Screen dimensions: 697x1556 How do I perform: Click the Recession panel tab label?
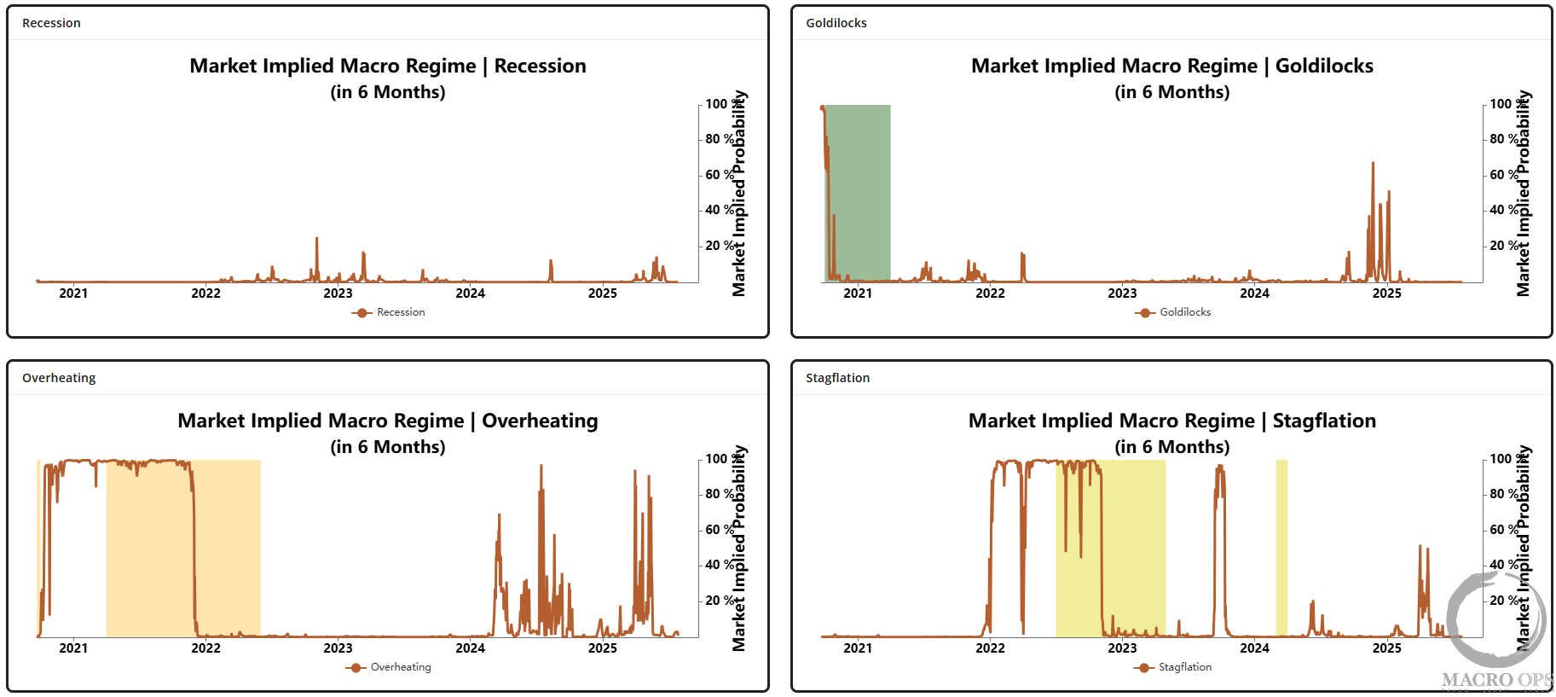pyautogui.click(x=51, y=23)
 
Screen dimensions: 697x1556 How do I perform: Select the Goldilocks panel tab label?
pyautogui.click(x=836, y=23)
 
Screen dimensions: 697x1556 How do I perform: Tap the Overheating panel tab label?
pyautogui.click(x=59, y=378)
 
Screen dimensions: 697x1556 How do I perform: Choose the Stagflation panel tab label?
pyautogui.click(x=837, y=378)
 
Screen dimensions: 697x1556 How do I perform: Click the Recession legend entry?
pyautogui.click(x=389, y=312)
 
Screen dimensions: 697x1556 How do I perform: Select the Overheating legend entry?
pyautogui.click(x=389, y=667)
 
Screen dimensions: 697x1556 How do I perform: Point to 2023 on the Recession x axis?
pyautogui.click(x=338, y=293)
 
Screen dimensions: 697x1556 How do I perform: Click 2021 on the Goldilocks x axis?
pyautogui.click(x=858, y=293)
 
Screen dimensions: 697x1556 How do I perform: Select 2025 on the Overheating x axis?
pyautogui.click(x=602, y=648)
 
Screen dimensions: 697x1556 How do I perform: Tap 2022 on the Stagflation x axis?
pyautogui.click(x=990, y=648)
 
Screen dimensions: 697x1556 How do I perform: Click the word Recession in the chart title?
pyautogui.click(x=540, y=66)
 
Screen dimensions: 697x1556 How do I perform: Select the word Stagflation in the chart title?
pyautogui.click(x=1323, y=421)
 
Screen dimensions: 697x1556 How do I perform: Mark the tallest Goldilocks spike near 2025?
pyautogui.click(x=1373, y=164)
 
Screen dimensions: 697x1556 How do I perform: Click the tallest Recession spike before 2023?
pyautogui.click(x=316, y=240)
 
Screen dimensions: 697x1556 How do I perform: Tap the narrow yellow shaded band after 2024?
pyautogui.click(x=1281, y=546)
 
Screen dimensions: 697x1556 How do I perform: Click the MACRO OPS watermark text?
pyautogui.click(x=1496, y=680)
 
